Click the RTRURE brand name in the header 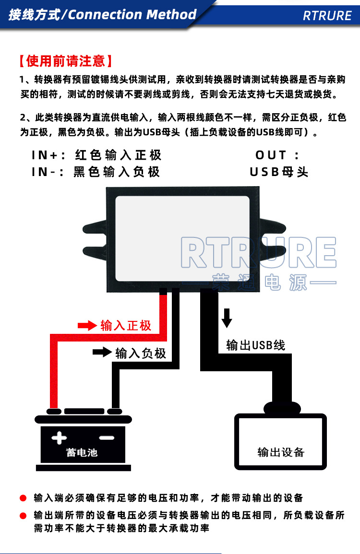coord(327,15)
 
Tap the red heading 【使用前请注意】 coord(66,61)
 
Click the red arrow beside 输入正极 coord(87,326)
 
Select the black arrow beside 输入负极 coord(102,352)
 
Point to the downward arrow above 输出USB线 coord(227,317)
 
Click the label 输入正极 coord(126,326)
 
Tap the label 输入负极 coord(141,354)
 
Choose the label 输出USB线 coord(255,345)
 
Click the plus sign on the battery coord(59,437)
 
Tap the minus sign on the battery coord(107,437)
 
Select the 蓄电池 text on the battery coord(82,452)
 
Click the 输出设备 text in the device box coord(281,452)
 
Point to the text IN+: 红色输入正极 coord(96,155)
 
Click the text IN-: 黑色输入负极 coord(96,172)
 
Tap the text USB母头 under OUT coord(279,172)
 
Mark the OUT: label coord(277,155)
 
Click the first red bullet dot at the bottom coord(23,498)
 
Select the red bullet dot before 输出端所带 coord(23,516)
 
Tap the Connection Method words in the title coord(132,14)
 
